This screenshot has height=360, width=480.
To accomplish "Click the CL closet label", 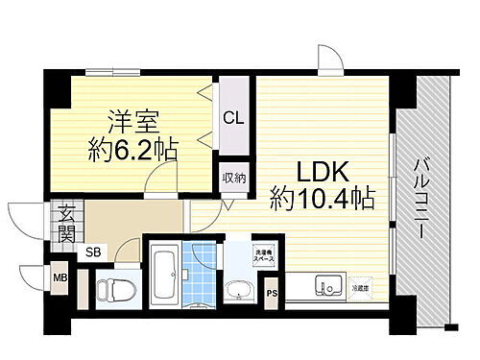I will [232, 118].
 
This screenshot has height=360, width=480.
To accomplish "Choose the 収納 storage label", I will [232, 177].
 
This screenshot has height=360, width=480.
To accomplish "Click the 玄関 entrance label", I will [66, 222].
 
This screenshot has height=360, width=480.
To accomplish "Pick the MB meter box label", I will [59, 279].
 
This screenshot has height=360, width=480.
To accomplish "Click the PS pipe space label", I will [272, 293].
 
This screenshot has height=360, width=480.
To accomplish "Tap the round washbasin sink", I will [235, 290].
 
